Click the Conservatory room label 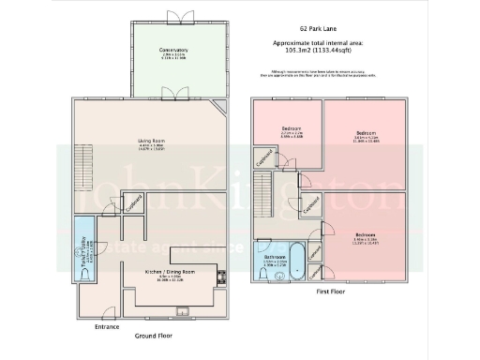174,49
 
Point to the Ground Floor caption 152,335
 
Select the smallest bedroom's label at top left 292,128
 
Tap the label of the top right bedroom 367,134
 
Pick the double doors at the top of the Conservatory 174,17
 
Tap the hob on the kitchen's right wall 222,276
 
